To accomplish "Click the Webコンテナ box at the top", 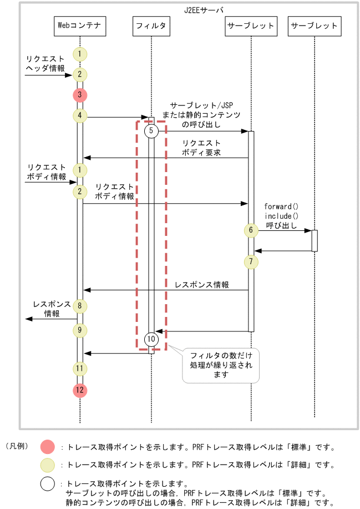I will pyautogui.click(x=80, y=25).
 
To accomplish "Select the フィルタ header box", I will pyautogui.click(x=151, y=25).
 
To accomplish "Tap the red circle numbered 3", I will pyautogui.click(x=80, y=95).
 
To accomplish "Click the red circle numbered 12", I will pyautogui.click(x=80, y=390).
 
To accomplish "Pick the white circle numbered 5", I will pyautogui.click(x=151, y=132).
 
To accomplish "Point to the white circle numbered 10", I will pyautogui.click(x=151, y=338).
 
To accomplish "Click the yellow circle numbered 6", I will pyautogui.click(x=251, y=230).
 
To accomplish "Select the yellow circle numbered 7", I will pyautogui.click(x=251, y=261).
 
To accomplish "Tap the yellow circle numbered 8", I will pyautogui.click(x=80, y=305).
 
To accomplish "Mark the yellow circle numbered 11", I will pyautogui.click(x=80, y=367).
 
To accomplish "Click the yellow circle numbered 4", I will pyautogui.click(x=80, y=115).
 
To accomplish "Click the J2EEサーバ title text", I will pyautogui.click(x=204, y=9).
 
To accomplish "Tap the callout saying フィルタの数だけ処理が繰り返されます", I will pyautogui.click(x=221, y=365).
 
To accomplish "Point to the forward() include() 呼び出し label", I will pyautogui.click(x=281, y=216).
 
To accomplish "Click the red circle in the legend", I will pyautogui.click(x=48, y=446).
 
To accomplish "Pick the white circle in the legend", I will pyautogui.click(x=48, y=483).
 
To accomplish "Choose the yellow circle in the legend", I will pyautogui.click(x=48, y=465).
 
